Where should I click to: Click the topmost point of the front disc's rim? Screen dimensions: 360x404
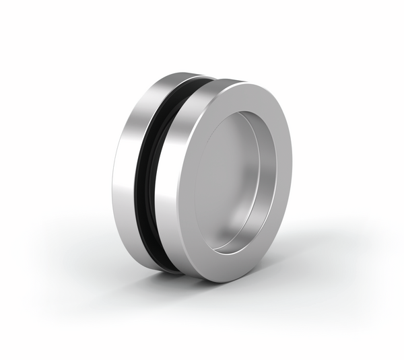[242, 82]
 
